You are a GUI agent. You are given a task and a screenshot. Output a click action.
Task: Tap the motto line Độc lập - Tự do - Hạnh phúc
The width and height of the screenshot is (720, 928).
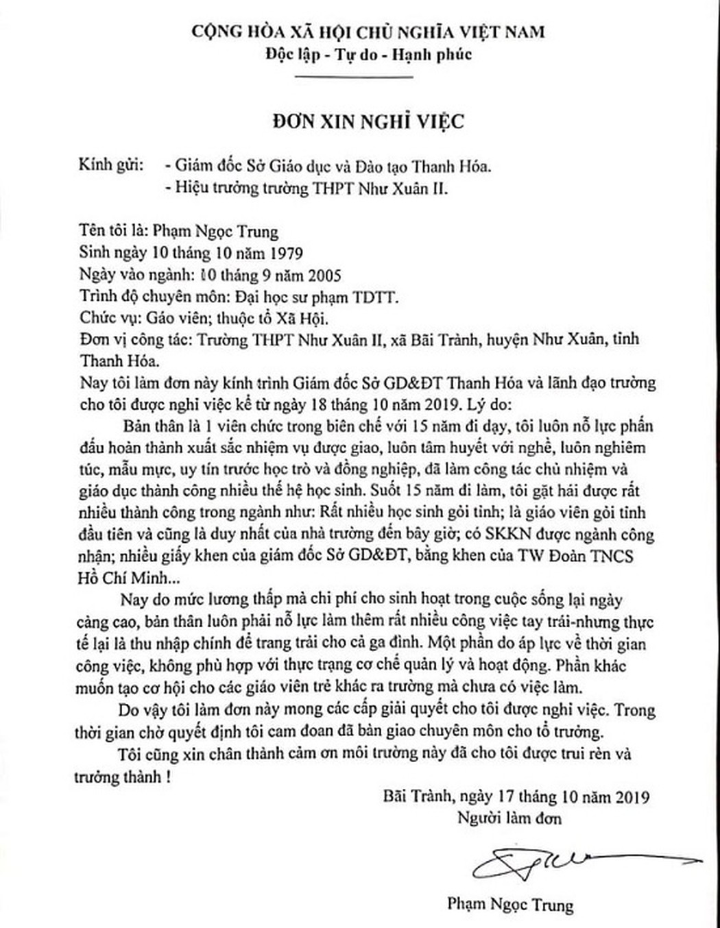(x=369, y=54)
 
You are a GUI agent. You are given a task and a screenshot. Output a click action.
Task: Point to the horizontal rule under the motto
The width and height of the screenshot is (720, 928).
(x=369, y=77)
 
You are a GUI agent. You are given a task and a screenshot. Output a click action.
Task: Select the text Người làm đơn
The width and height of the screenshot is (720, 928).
(x=509, y=818)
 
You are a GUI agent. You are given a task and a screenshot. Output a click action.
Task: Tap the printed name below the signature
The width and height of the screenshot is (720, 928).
(x=509, y=905)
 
